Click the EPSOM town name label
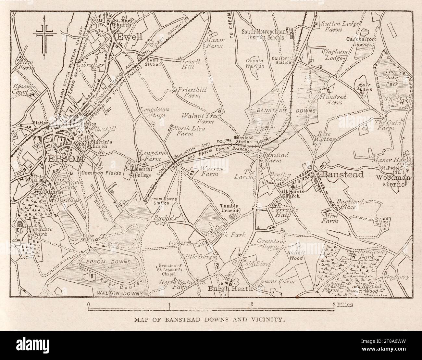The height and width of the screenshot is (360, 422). coord(66,159)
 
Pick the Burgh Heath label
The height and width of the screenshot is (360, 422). coord(230,288)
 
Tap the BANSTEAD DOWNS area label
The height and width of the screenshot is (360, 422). coord(286,111)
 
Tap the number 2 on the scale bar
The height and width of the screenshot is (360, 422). coord(252,304)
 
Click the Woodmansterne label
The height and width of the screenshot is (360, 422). coord(391,181)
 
